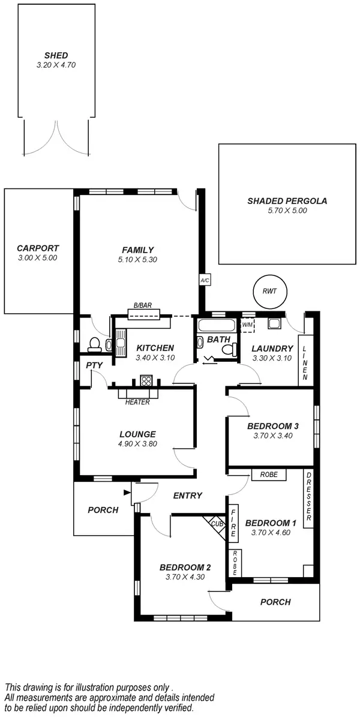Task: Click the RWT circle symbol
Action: tap(269, 291)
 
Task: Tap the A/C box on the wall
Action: tap(203, 280)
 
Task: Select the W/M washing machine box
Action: tap(247, 325)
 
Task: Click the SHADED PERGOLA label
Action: tap(287, 201)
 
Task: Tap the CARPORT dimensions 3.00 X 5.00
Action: tap(38, 257)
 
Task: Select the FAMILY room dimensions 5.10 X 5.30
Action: tap(138, 260)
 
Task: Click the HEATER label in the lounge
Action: tap(137, 402)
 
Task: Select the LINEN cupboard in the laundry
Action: tap(305, 364)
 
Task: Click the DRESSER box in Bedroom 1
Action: tap(308, 497)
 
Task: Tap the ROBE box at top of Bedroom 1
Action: tap(269, 475)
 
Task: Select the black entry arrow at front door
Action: tap(127, 493)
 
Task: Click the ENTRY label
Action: tap(187, 496)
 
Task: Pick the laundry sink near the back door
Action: tap(274, 325)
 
